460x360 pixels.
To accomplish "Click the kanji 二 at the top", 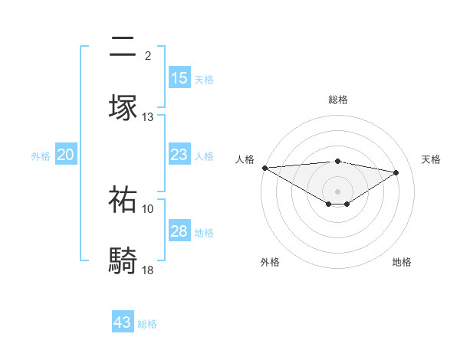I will (x=123, y=48).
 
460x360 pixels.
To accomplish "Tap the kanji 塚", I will (x=123, y=106).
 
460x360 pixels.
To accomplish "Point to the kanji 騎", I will (x=123, y=260).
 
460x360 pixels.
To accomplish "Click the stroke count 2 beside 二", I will (x=147, y=55).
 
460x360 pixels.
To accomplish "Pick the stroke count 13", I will (x=147, y=117).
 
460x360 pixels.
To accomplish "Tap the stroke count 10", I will (x=147, y=208).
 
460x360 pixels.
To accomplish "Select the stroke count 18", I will (x=147, y=270).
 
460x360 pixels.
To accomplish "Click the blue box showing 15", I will (x=179, y=78).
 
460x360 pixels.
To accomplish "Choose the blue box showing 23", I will (x=179, y=155).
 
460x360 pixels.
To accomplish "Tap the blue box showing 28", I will (x=179, y=231).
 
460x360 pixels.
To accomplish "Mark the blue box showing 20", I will (x=66, y=155).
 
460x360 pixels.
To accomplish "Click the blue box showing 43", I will (x=123, y=322).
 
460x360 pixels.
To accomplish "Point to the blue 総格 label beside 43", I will (x=147, y=324).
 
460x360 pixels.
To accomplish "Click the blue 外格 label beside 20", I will (x=41, y=156).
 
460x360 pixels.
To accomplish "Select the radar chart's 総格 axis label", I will (x=337, y=100).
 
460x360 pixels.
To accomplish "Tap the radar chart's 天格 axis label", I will (x=432, y=159).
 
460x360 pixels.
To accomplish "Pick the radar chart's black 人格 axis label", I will (x=245, y=159).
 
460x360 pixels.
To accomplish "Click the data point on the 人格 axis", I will (x=264, y=168).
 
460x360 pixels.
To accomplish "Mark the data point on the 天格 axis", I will (x=396, y=172).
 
